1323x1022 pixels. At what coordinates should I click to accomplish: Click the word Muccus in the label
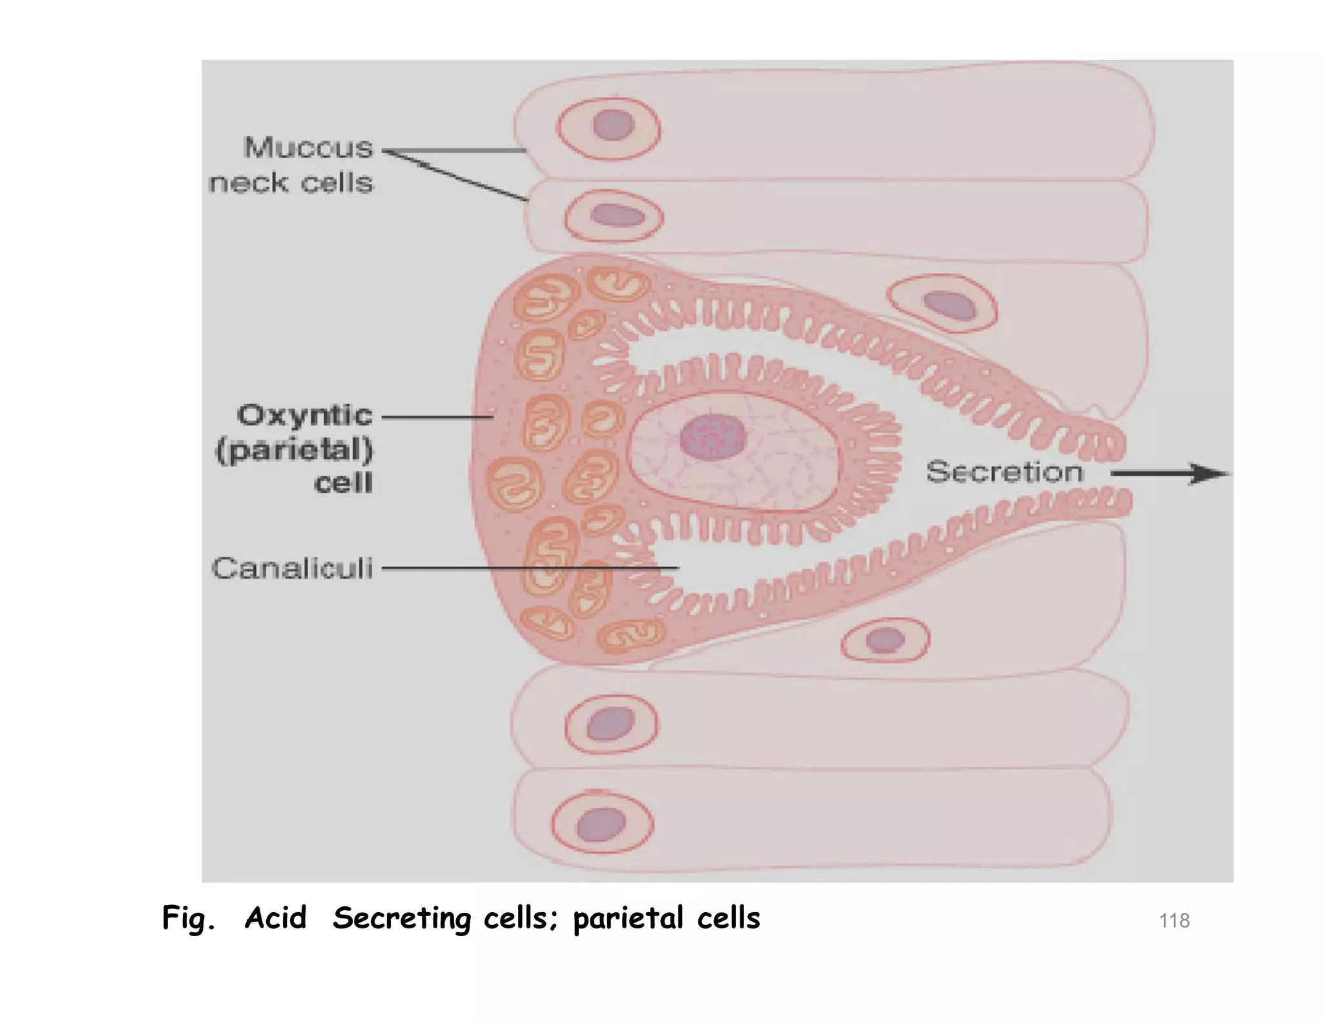[308, 148]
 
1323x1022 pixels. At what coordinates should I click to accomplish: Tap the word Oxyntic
[304, 415]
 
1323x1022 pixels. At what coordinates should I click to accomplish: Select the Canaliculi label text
[292, 568]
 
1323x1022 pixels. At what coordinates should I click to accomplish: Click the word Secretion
[1004, 472]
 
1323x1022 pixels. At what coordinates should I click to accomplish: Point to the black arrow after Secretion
[1169, 474]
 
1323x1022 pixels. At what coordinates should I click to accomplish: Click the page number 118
[1174, 920]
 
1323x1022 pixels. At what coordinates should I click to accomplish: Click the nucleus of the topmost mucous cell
[612, 125]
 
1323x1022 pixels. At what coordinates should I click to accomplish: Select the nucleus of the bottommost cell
[601, 825]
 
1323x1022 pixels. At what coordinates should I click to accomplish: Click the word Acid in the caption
[275, 918]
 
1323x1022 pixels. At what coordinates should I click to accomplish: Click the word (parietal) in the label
[294, 450]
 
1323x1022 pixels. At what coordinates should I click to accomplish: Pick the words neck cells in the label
[291, 183]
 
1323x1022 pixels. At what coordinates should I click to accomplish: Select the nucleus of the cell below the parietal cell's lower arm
[885, 640]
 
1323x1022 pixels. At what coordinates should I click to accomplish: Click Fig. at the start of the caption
[188, 918]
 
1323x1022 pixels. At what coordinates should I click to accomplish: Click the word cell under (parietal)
[343, 483]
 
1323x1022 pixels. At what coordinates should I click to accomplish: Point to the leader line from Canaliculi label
[530, 568]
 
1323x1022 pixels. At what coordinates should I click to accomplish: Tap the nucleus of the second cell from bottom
[610, 723]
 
